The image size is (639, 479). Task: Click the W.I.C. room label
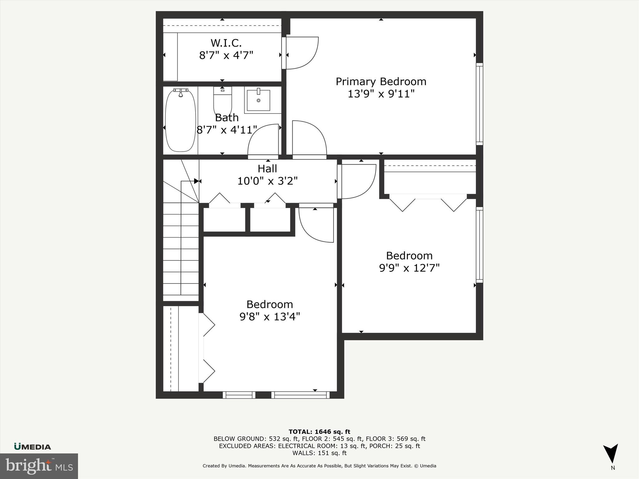coord(226,43)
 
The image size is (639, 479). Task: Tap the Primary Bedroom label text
coord(381,82)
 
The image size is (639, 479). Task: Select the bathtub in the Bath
coord(180,121)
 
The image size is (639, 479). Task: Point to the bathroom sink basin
coord(258,100)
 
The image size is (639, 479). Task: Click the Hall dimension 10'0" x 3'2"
coord(267,181)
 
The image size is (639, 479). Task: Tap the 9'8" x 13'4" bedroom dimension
coord(270,317)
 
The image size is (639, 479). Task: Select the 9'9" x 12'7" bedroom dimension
coord(409,268)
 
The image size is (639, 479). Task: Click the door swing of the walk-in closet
coord(301,53)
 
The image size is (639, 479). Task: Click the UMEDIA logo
coord(32,447)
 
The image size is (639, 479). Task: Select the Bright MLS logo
coord(39,466)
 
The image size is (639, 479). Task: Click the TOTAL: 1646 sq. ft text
coord(319,432)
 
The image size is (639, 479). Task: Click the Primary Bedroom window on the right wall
coord(479,104)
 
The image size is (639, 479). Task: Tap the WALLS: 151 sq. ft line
coord(319,453)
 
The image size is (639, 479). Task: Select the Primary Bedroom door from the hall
coord(309,139)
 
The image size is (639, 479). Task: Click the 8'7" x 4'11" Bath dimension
coord(227,130)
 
